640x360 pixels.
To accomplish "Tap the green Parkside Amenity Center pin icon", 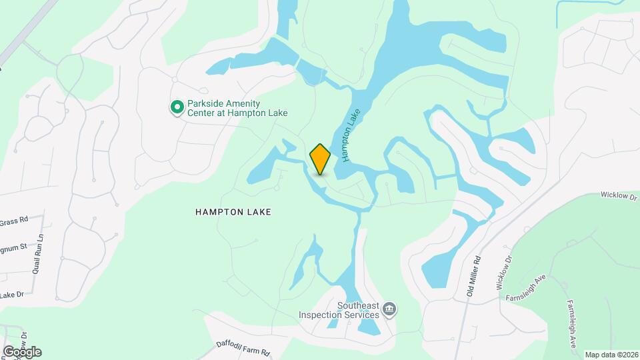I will click(177, 107).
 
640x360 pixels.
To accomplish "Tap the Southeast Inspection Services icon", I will click(390, 309).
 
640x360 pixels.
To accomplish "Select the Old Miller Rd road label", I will click(474, 279).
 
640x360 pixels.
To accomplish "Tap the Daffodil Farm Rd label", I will click(243, 347).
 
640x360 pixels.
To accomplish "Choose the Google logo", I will click(21, 352).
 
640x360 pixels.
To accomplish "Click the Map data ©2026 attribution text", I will click(611, 355).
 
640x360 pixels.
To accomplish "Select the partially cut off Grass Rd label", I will click(13, 219).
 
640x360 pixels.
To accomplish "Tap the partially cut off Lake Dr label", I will click(12, 295).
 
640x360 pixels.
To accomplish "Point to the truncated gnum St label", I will click(13, 247).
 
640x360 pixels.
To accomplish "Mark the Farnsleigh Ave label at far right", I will click(571, 324).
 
